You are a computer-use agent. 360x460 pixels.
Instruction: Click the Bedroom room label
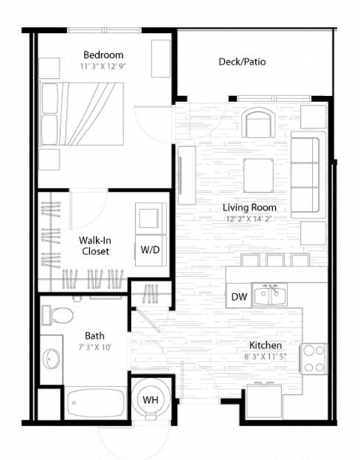[x=103, y=55]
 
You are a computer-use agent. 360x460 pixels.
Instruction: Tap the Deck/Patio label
[x=241, y=62]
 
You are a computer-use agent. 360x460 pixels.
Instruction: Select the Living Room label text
[x=250, y=207]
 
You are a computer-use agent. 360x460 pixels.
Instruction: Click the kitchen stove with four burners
[x=313, y=358]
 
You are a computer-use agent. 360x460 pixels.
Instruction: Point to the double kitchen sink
[x=268, y=295]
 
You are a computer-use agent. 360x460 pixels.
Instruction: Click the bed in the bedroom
[x=82, y=113]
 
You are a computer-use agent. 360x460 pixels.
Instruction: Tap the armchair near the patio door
[x=260, y=122]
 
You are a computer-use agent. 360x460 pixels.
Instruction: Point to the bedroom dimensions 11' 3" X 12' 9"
[x=103, y=66]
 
